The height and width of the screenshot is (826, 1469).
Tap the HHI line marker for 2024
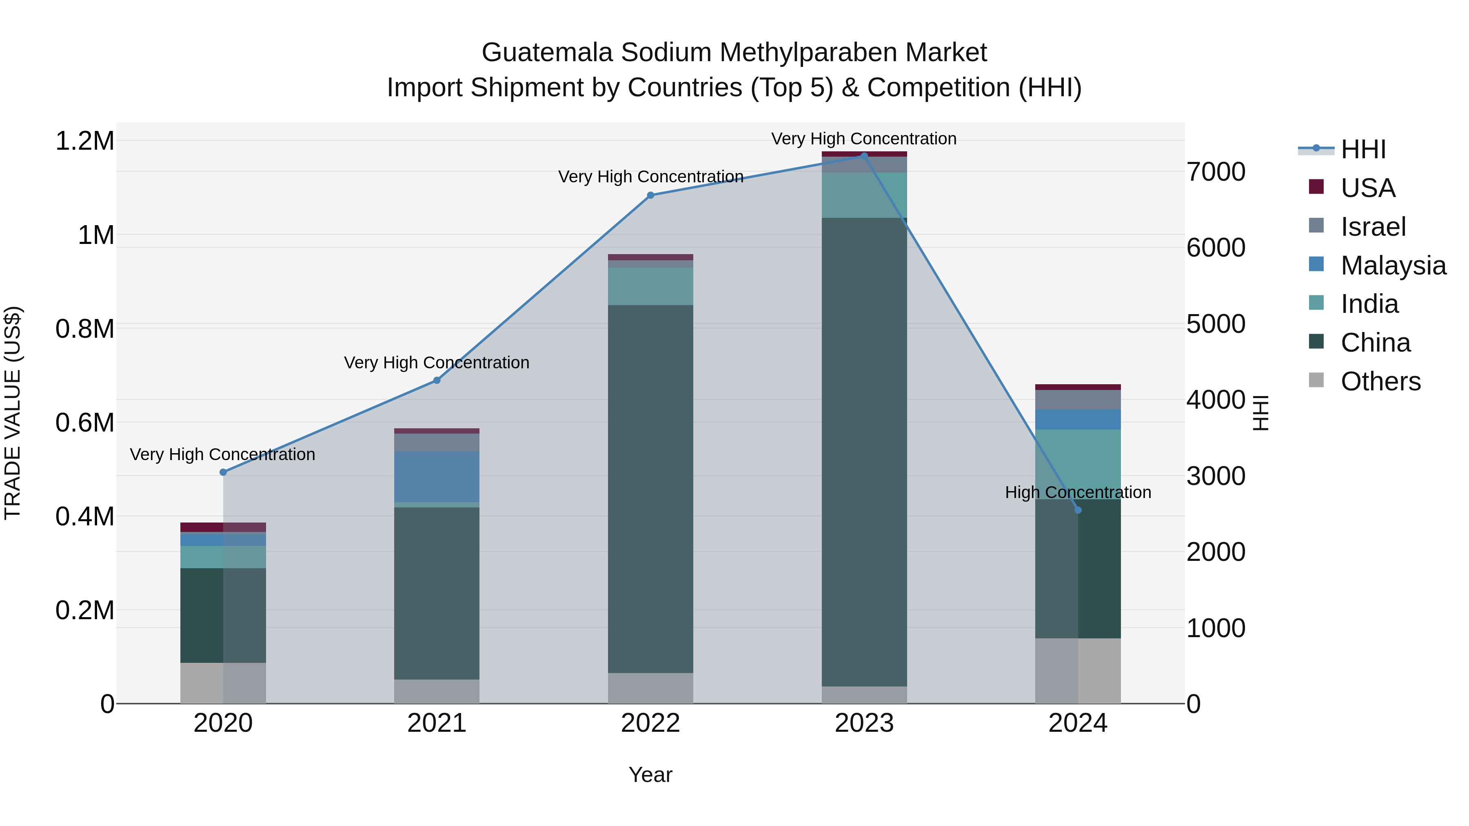click(1077, 510)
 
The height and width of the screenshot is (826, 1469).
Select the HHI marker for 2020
click(223, 472)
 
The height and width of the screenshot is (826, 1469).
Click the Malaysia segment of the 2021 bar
click(436, 476)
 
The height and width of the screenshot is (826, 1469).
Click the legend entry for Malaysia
click(1393, 266)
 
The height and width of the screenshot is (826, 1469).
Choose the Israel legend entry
click(1373, 227)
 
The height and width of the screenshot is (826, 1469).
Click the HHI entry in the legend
click(1362, 149)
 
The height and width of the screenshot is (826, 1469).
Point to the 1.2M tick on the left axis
click(85, 141)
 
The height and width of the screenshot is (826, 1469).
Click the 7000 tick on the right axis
click(1216, 172)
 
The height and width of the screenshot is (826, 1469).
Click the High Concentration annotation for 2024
click(1077, 492)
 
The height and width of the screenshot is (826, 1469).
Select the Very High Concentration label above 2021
click(436, 363)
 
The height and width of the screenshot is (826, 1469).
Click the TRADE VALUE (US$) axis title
click(13, 413)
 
